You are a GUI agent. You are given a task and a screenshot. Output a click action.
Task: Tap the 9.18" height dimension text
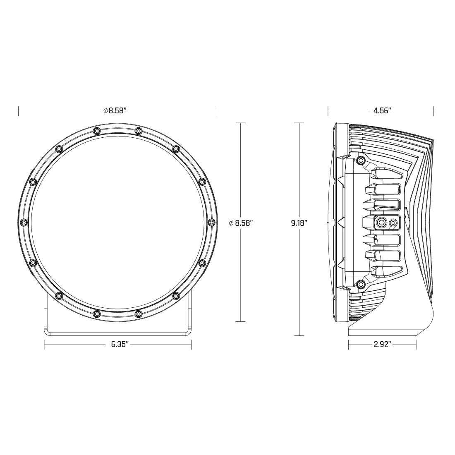[x=299, y=223]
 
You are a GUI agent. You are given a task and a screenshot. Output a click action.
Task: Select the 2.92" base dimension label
[x=382, y=344]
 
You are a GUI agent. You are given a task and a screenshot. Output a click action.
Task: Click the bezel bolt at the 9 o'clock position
[x=24, y=222]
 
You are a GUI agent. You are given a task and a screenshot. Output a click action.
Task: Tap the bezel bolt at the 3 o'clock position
[x=211, y=222]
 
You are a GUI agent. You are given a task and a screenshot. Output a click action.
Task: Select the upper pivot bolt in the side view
[x=361, y=160]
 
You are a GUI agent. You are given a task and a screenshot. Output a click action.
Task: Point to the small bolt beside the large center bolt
[x=393, y=223]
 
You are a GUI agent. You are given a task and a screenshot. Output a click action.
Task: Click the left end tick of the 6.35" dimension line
[x=44, y=344]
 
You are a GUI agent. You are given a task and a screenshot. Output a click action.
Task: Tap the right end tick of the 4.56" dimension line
[x=433, y=110]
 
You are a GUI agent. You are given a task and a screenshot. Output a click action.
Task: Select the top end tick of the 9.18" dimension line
[x=299, y=123]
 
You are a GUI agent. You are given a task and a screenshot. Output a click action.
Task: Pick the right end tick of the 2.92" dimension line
[x=416, y=344]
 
